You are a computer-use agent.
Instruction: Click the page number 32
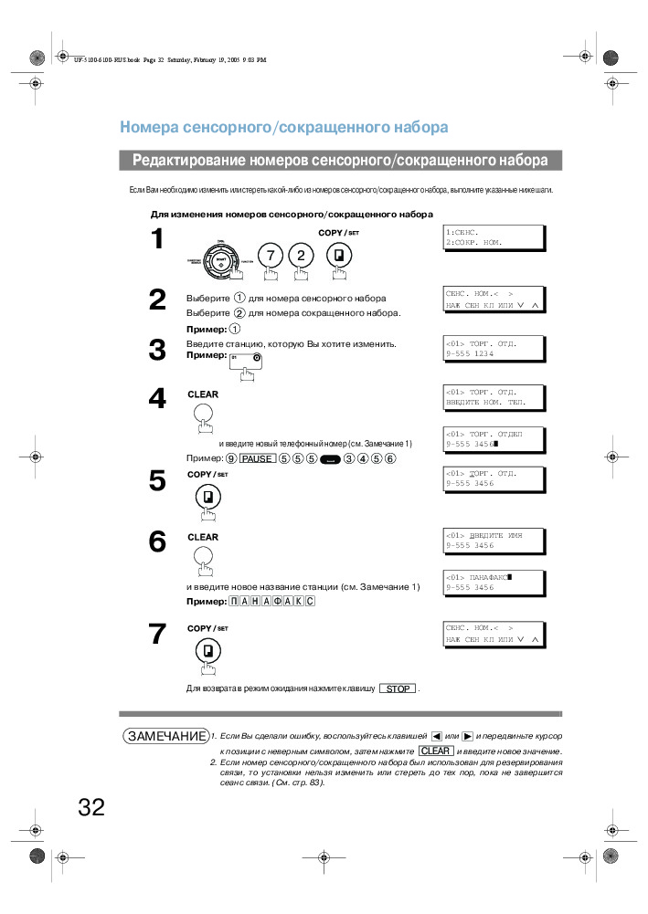click(91, 807)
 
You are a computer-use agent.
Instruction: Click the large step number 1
click(157, 239)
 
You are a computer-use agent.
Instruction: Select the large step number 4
click(157, 398)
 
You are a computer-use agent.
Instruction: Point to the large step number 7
click(157, 634)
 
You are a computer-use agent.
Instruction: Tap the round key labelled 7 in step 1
click(271, 255)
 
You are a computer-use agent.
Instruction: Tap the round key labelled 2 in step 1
click(300, 255)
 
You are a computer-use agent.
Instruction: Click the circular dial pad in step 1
click(221, 260)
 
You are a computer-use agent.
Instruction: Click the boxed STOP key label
click(398, 688)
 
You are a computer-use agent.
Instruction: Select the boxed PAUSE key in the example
click(257, 458)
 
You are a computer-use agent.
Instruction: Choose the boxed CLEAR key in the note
click(435, 751)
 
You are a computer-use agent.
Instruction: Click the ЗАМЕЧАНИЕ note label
click(165, 736)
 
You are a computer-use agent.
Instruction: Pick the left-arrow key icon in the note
click(436, 736)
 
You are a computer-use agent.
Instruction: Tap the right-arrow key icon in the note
click(467, 736)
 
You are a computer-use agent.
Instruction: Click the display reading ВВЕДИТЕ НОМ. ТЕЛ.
click(494, 396)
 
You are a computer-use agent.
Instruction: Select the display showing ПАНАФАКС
click(494, 583)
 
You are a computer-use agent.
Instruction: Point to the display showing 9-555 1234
click(494, 348)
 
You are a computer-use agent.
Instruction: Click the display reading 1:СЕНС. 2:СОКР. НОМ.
click(494, 237)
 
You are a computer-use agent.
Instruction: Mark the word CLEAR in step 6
click(203, 538)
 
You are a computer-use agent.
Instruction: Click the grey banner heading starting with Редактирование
click(340, 161)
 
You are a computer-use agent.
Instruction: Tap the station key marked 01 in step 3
click(245, 359)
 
